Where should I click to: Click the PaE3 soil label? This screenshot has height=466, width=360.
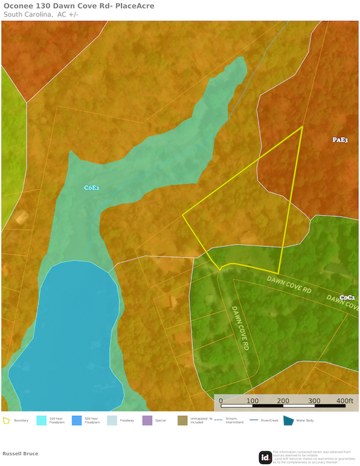[340, 140]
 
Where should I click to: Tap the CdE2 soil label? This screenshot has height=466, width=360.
[92, 188]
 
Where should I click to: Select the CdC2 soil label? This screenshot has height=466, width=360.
[347, 297]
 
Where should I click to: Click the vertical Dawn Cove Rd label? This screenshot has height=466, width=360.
[240, 329]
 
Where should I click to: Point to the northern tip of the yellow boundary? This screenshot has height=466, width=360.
[301, 128]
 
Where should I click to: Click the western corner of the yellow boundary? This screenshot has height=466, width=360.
[183, 215]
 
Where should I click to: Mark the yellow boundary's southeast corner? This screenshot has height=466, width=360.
[278, 273]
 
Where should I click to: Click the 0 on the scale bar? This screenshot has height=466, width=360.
[220, 400]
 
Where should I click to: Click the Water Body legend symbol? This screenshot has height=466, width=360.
[289, 421]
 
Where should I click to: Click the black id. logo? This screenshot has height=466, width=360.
[265, 458]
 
